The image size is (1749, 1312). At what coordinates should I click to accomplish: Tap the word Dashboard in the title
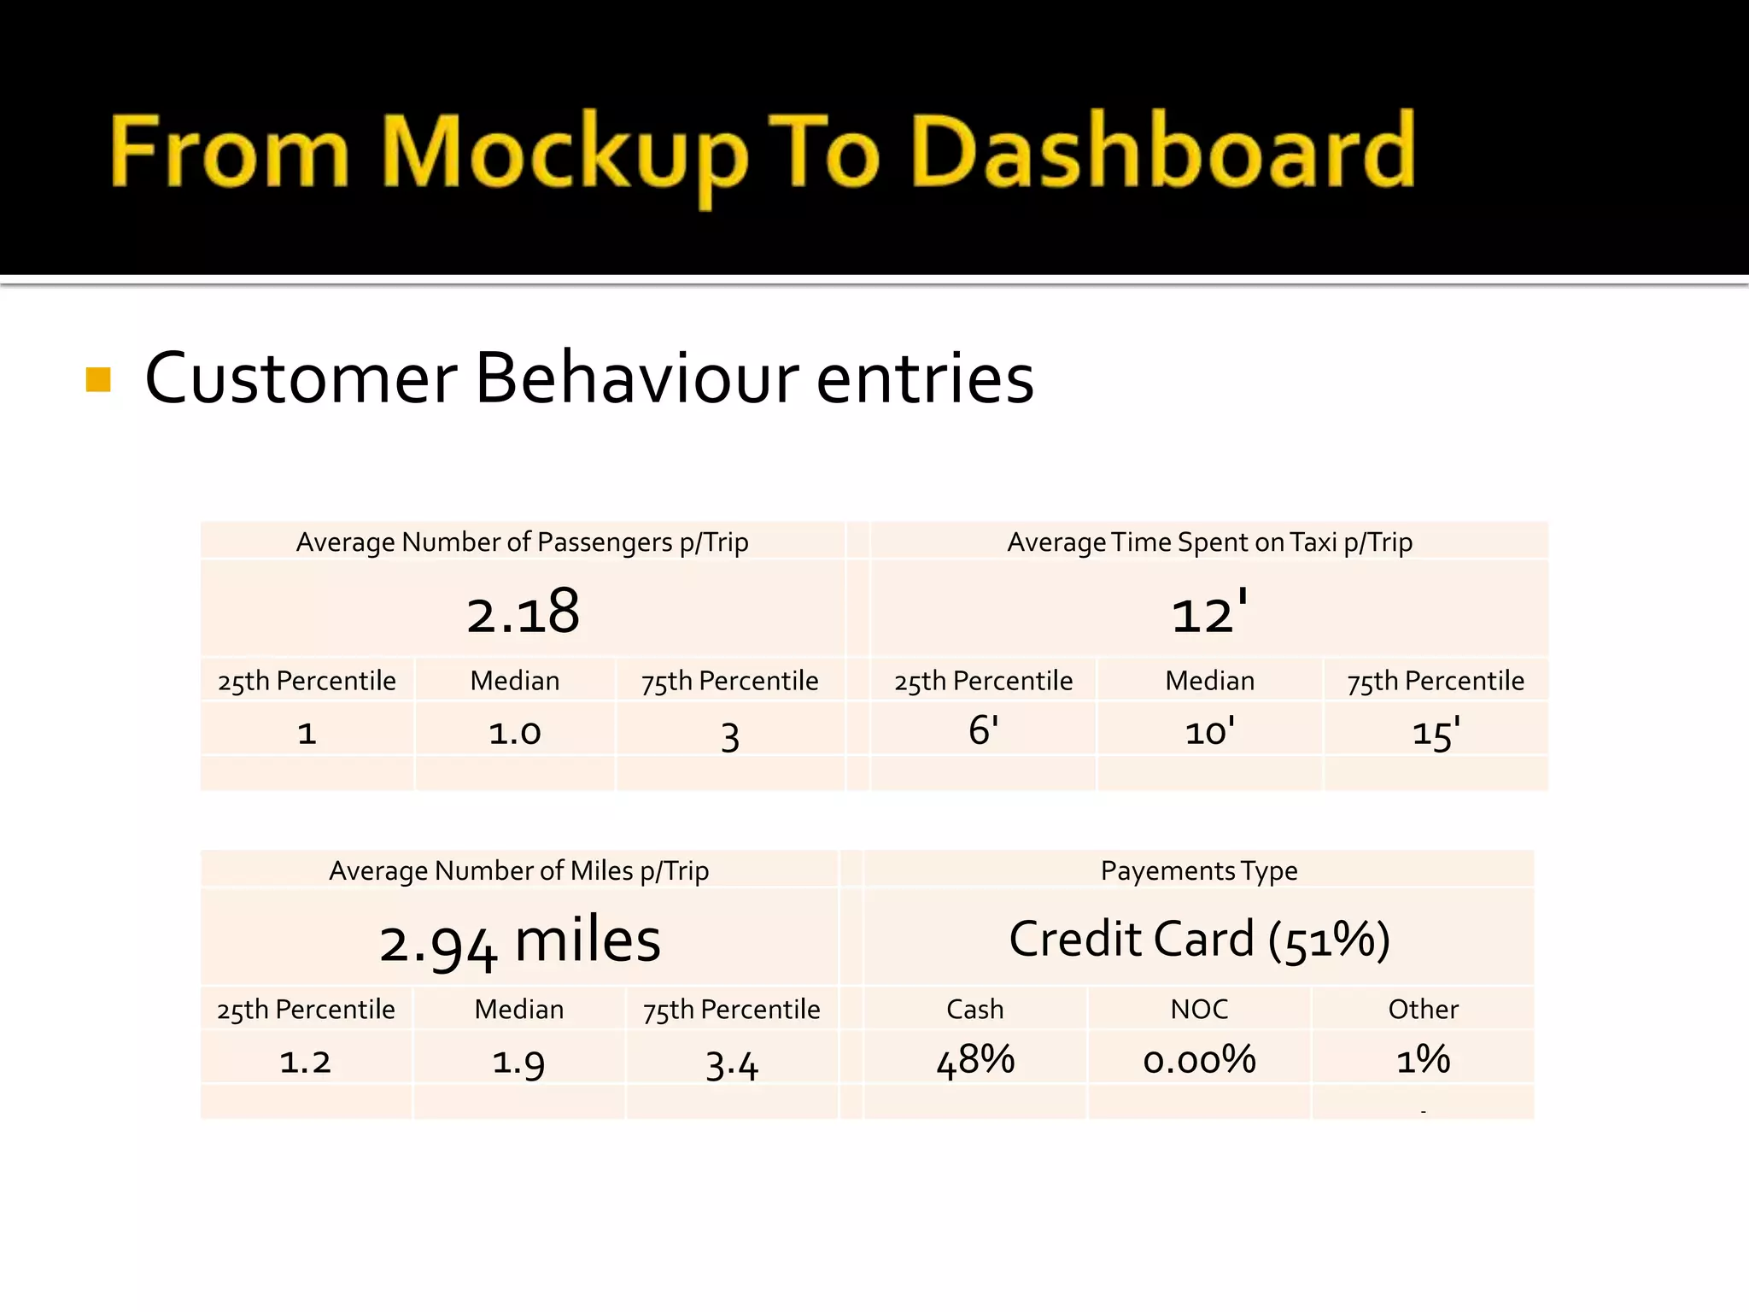point(1163,152)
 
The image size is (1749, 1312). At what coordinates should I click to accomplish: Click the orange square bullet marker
point(99,379)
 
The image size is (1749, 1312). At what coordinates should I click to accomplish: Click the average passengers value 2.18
point(523,612)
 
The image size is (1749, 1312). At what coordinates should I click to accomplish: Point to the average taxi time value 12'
point(1209,612)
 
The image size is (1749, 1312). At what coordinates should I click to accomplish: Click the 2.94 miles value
point(519,941)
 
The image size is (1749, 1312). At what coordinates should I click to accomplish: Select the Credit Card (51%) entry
point(1199,940)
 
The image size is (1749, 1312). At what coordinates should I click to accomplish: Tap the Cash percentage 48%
point(975,1060)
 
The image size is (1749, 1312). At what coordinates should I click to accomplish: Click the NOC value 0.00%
point(1199,1060)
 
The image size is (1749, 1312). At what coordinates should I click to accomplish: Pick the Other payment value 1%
point(1423,1060)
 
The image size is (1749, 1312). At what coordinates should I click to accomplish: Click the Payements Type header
point(1199,870)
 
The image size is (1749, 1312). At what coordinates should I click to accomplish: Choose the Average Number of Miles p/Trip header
point(519,870)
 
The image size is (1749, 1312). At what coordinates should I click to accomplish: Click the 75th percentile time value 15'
point(1436,733)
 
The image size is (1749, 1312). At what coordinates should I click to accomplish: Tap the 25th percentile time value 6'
point(983,731)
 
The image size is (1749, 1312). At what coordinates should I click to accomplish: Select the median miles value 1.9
point(518,1062)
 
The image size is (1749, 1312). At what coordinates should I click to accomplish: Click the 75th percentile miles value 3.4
point(732,1064)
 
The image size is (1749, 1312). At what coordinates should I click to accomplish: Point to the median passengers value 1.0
point(515,733)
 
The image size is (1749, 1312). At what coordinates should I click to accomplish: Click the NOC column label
point(1199,1009)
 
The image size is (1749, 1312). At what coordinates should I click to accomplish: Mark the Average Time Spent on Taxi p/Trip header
point(1209,542)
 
